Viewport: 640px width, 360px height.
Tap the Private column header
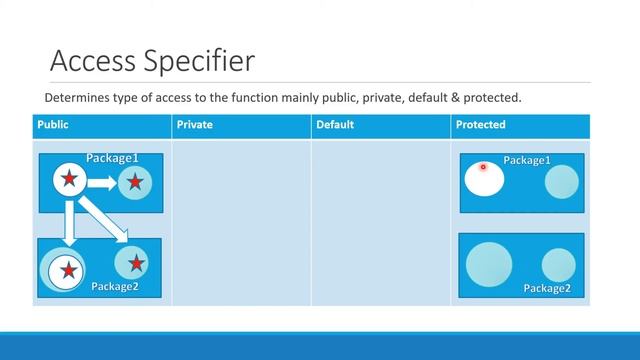tap(194, 125)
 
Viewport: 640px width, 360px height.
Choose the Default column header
tap(334, 125)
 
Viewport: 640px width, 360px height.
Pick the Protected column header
tap(480, 125)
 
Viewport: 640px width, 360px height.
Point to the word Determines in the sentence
tap(76, 98)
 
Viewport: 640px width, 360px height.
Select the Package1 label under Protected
tap(527, 160)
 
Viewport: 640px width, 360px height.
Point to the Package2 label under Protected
tap(547, 289)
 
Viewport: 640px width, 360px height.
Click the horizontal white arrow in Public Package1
tap(101, 182)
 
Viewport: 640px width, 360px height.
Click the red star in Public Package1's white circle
tap(68, 179)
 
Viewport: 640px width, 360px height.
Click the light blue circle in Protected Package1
tap(561, 182)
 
